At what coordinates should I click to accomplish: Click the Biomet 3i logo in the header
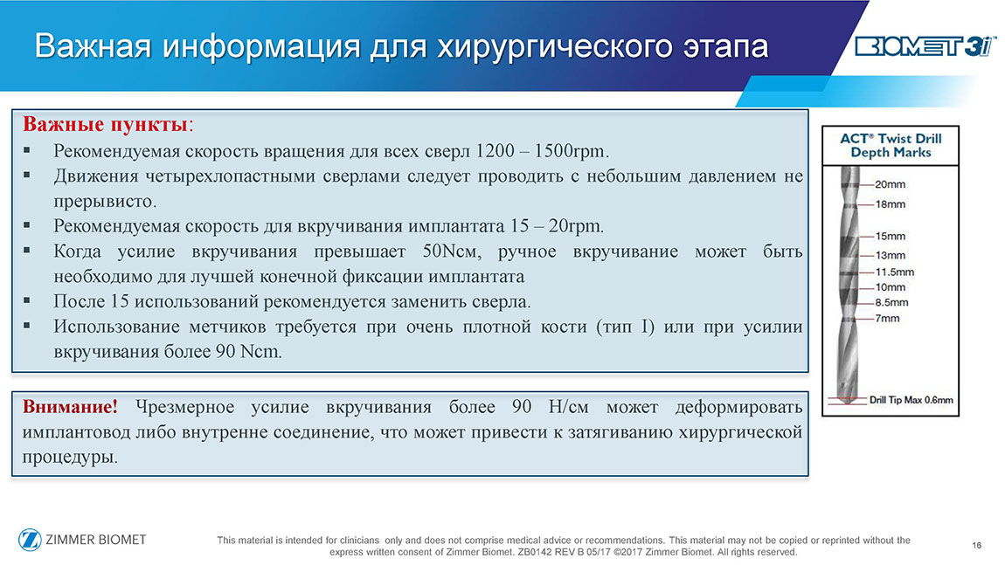(925, 46)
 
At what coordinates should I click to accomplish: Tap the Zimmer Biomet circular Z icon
(30, 540)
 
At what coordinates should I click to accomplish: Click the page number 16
(977, 546)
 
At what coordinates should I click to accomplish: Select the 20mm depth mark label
(891, 184)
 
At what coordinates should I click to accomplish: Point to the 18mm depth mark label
(891, 204)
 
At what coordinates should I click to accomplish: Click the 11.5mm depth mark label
(895, 272)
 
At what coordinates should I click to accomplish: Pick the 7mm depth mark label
(888, 319)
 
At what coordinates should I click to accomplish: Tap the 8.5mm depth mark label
(891, 302)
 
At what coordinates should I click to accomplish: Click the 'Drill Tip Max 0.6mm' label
(911, 400)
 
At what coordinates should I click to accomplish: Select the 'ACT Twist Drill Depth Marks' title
(891, 146)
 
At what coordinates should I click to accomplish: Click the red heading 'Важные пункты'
(105, 124)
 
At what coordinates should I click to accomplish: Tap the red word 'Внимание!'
(70, 407)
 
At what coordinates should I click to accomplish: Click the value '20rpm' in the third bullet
(576, 226)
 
